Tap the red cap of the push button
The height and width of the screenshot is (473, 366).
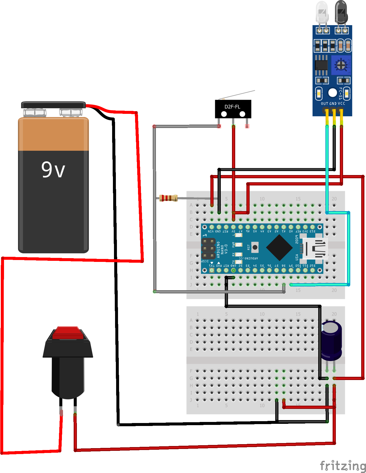[x=68, y=333]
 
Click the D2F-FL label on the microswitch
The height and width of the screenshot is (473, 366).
[x=232, y=107]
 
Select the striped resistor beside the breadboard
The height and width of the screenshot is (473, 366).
[x=168, y=198]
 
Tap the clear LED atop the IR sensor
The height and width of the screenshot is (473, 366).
[x=322, y=12]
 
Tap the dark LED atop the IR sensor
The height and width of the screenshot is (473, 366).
[x=341, y=12]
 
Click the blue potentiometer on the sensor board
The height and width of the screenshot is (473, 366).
[x=341, y=65]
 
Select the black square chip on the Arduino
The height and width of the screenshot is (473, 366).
[x=279, y=247]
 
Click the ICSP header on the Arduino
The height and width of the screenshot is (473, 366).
[x=208, y=249]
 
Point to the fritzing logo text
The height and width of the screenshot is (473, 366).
[x=343, y=466]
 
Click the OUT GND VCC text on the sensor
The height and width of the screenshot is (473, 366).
[x=333, y=103]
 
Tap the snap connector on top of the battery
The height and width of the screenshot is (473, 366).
[x=53, y=105]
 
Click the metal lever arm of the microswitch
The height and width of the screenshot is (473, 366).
[x=238, y=95]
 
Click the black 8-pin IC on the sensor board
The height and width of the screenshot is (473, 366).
[x=321, y=65]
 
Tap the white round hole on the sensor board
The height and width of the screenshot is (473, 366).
[x=333, y=93]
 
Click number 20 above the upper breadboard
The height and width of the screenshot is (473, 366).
[x=334, y=199]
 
